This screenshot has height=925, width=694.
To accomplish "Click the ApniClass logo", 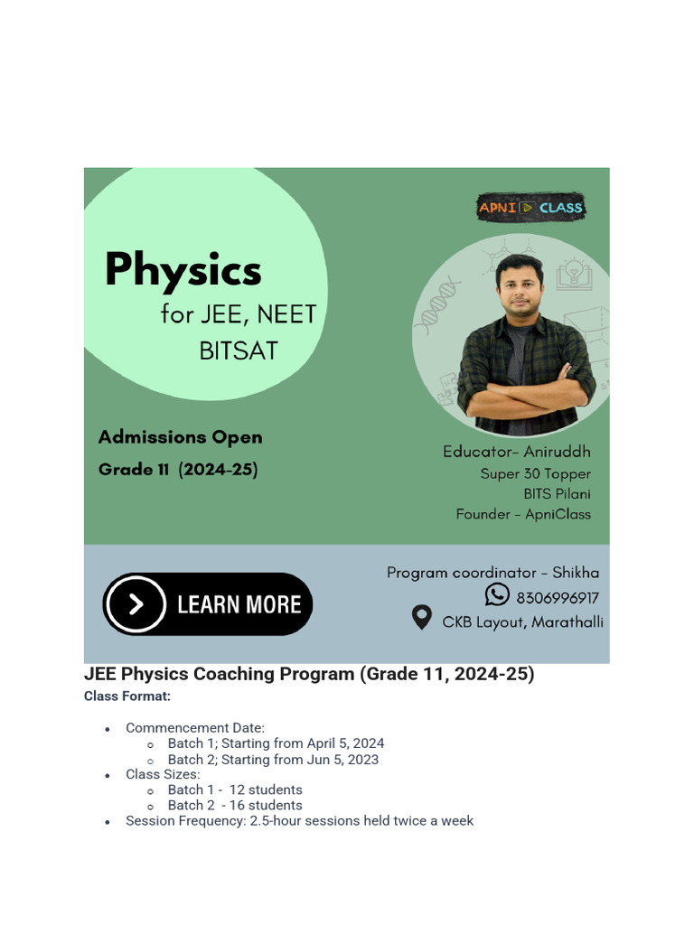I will [530, 208].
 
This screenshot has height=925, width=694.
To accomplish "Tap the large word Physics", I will [183, 269].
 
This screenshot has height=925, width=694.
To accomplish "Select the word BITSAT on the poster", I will [239, 350].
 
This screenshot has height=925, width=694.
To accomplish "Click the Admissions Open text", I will [180, 437].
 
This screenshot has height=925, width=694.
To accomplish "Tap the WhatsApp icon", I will [497, 594].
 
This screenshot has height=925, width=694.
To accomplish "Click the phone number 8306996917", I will [558, 598].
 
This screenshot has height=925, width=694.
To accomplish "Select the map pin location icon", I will [421, 619].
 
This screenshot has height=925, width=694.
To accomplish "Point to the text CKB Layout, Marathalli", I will [522, 622].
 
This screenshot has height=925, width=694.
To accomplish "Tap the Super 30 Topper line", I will [536, 473].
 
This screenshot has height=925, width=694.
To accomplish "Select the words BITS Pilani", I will [557, 494].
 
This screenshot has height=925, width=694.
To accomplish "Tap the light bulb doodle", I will [575, 272].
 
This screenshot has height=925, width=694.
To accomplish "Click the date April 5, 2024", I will [345, 743].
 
